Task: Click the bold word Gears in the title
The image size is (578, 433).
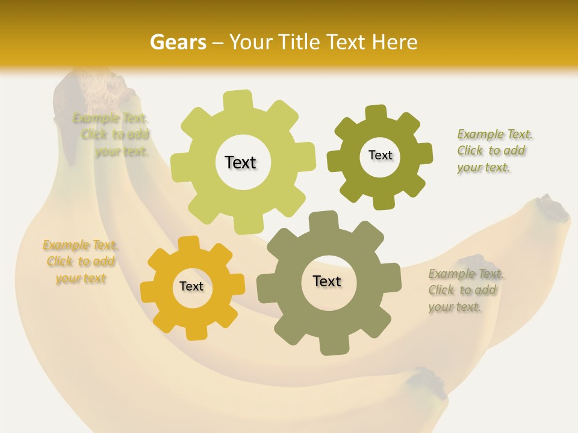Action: tap(178, 42)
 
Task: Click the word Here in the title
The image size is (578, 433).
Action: tap(395, 42)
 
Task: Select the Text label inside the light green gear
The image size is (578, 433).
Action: tap(240, 162)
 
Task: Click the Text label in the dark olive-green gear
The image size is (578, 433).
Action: tap(380, 155)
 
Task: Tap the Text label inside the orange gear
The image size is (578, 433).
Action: tap(191, 286)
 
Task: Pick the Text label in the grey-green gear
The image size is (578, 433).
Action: tap(327, 281)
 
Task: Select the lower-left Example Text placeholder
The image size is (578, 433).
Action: tap(80, 262)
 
